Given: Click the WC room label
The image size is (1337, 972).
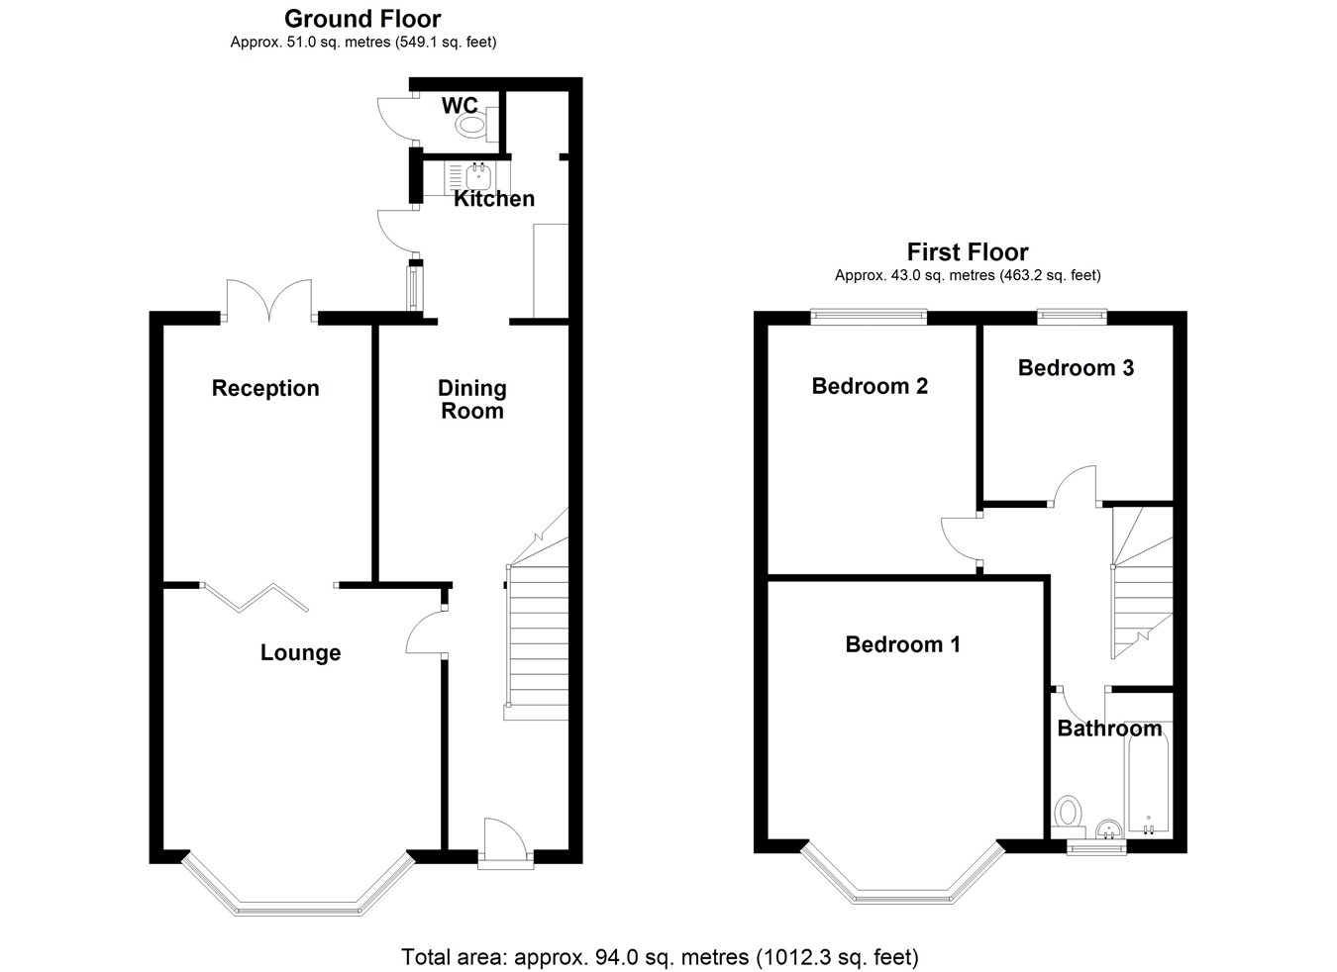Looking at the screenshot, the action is click(x=460, y=106).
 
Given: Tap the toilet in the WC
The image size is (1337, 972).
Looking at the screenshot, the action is click(x=470, y=126).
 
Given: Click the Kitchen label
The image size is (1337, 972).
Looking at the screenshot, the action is click(x=494, y=199).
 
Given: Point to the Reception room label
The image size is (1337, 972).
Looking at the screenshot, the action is click(x=265, y=388).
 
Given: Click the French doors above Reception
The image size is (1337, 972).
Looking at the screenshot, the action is click(x=268, y=299).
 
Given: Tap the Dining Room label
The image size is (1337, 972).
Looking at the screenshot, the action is click(x=472, y=399).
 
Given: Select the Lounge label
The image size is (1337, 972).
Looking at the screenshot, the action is click(x=300, y=652).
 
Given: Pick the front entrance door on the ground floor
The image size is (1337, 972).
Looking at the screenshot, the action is click(x=504, y=843).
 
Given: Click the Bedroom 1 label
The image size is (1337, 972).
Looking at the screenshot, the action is click(x=902, y=644).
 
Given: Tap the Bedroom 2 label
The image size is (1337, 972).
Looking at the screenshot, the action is click(x=870, y=386).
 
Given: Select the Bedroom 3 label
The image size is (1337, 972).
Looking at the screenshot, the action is click(x=1076, y=368).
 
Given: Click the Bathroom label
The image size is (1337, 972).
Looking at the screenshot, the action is click(x=1109, y=729).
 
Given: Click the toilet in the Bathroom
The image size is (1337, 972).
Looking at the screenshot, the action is click(x=1068, y=814).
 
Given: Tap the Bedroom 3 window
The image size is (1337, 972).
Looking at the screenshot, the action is click(x=1071, y=316).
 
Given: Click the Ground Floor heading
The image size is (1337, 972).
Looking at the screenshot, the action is click(x=362, y=18).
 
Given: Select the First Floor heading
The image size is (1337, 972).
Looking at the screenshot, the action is click(x=968, y=251).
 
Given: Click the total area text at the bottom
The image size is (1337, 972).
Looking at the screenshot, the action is click(x=660, y=957).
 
